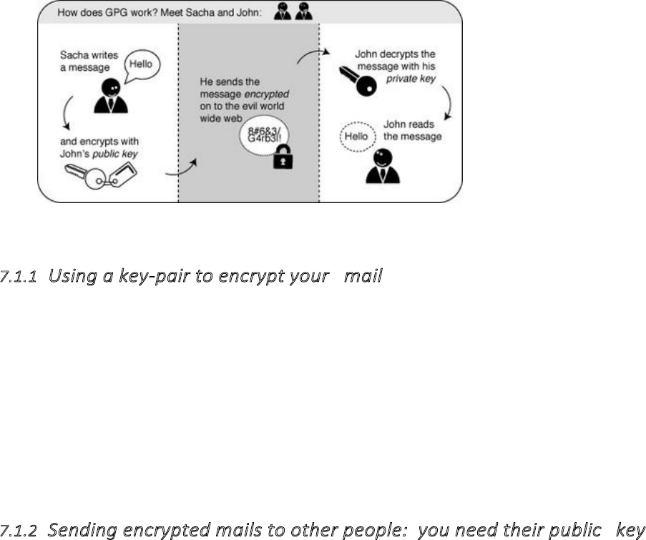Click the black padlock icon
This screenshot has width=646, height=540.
pos(284,159)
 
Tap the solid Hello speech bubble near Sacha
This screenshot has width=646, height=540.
pos(142,64)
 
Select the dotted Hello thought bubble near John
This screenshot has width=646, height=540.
pos(356,136)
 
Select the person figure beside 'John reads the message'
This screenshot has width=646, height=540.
pos(382,167)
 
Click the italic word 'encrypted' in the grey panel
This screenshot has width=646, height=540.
pos(268,94)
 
